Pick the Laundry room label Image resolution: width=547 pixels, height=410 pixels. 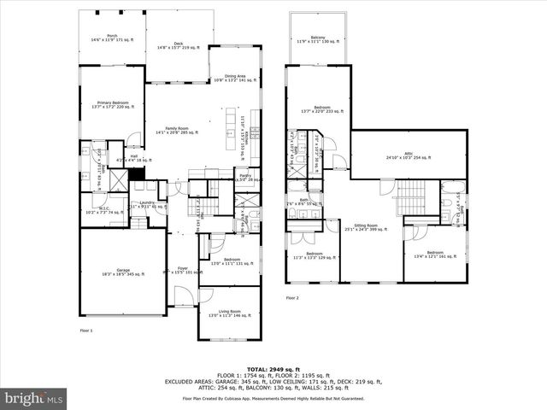(x=146, y=203)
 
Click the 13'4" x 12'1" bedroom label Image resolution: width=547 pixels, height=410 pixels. (x=435, y=254)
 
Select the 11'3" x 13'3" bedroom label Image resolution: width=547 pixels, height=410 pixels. (x=315, y=255)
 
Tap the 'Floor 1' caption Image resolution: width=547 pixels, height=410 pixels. (x=85, y=330)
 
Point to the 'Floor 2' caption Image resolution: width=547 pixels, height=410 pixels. (x=291, y=297)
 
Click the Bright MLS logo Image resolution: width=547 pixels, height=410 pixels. (x=33, y=398)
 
